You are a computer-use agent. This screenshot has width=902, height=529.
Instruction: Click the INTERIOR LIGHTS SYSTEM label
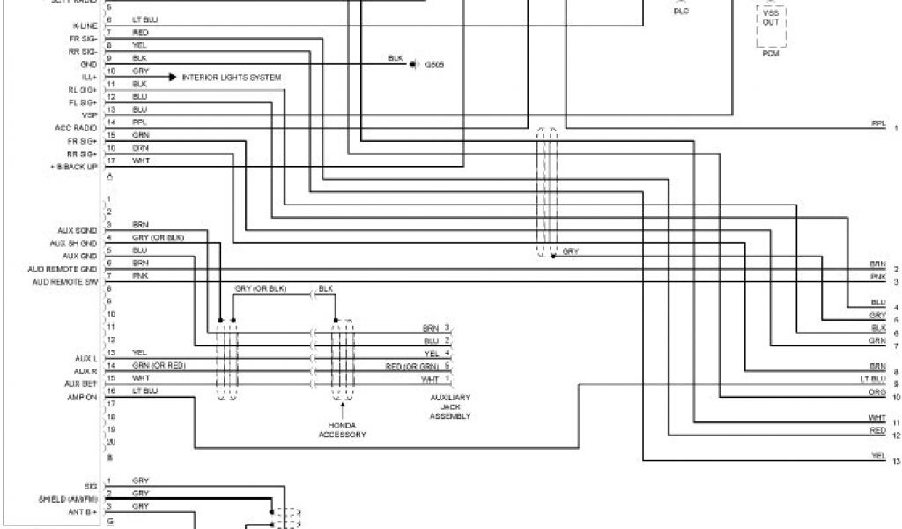tap(232, 78)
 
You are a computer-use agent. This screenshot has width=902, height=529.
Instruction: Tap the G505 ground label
tap(435, 64)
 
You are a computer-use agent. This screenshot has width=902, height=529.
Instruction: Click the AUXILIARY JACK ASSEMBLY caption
tap(449, 406)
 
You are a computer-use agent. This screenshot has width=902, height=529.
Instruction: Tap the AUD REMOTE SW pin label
tap(64, 281)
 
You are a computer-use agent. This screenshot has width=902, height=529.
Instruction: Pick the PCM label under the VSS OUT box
tap(770, 52)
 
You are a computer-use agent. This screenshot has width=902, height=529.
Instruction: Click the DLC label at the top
tap(681, 11)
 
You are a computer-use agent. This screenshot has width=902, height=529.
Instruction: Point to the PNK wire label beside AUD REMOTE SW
tap(140, 275)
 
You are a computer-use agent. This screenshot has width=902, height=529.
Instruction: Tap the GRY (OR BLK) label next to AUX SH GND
tap(159, 237)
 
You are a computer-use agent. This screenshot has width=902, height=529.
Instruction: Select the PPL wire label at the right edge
tap(877, 123)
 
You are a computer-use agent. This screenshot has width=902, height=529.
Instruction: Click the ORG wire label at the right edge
tap(877, 391)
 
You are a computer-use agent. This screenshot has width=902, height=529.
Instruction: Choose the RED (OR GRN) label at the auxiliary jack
tap(411, 366)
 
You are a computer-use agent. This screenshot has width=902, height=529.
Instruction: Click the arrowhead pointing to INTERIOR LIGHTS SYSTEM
tap(174, 78)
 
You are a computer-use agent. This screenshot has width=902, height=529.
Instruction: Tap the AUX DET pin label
tap(82, 384)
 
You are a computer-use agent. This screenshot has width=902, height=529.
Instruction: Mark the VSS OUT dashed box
tap(770, 24)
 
